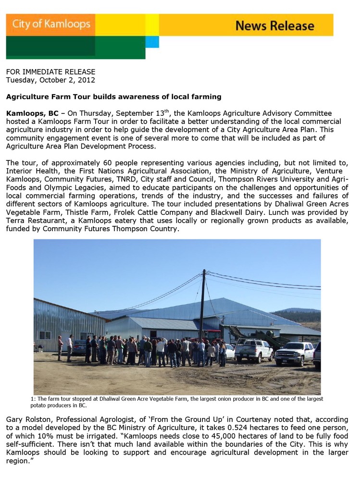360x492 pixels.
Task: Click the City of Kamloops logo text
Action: [x=50, y=24]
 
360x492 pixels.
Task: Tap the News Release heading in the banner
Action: [x=274, y=25]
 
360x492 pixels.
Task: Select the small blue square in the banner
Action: [x=152, y=42]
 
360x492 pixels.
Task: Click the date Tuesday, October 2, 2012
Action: [x=50, y=80]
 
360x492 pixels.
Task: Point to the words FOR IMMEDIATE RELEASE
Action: [x=50, y=72]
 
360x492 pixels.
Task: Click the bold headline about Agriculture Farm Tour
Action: [x=113, y=97]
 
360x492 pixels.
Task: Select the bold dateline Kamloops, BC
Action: [x=32, y=114]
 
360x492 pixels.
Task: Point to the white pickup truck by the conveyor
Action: [x=253, y=351]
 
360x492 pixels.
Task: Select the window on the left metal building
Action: [x=45, y=335]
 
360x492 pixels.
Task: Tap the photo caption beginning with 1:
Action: [x=176, y=402]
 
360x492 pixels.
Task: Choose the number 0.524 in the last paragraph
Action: [x=238, y=428]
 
